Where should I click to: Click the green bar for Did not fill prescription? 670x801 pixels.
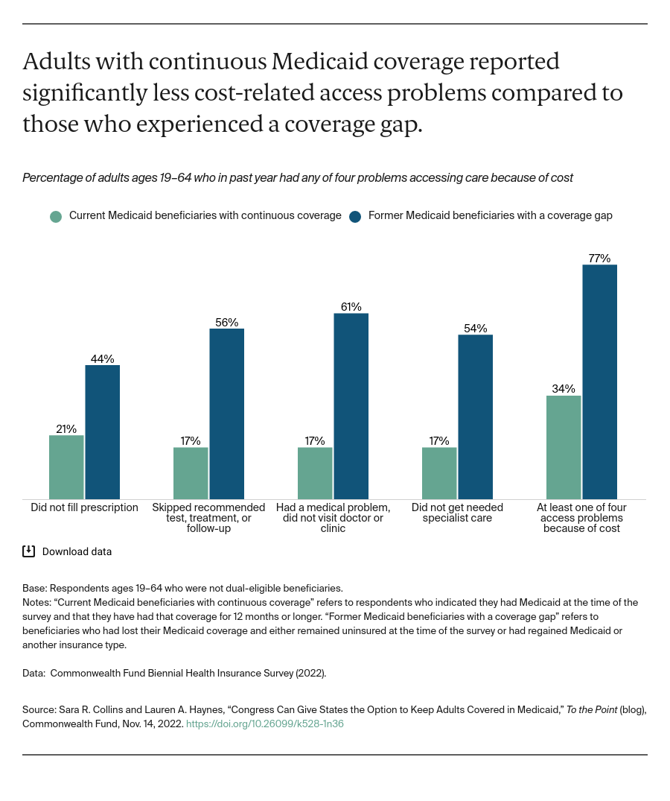pos(66,467)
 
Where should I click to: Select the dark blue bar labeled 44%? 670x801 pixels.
pos(102,432)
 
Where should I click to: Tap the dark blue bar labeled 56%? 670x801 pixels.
pos(226,414)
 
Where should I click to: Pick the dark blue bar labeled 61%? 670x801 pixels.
pos(351,406)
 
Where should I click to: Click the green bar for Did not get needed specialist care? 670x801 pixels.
pos(439,473)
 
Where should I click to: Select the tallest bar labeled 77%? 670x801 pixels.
pos(599,381)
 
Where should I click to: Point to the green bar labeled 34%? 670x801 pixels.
pos(564,447)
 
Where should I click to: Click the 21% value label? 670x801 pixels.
pos(66,428)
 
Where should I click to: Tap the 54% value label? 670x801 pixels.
pos(475,329)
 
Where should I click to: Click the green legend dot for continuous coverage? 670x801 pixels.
pos(56,216)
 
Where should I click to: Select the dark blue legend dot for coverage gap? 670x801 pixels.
pos(355,216)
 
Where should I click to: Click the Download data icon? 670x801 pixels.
pos(29,551)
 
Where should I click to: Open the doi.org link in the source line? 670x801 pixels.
pos(264,724)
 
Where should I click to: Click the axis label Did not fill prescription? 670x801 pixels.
pos(84,507)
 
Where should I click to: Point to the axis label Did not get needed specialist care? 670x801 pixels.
pos(457,513)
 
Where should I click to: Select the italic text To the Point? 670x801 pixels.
pos(592,710)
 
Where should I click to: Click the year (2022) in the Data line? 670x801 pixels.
pos(310,673)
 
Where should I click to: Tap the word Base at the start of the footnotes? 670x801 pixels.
pos(34,588)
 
